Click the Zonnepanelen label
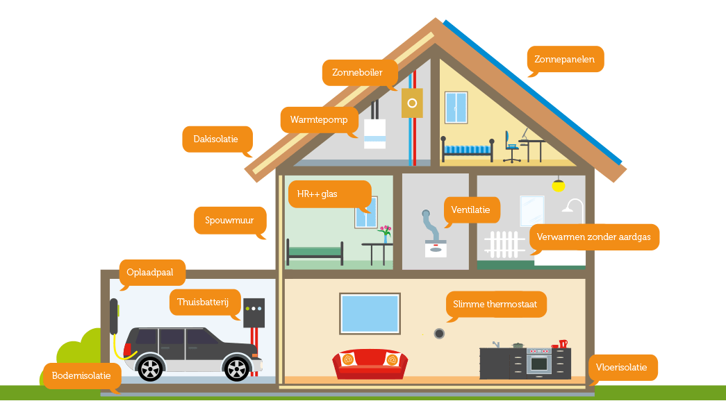coord(566,59)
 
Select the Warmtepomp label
coord(320,120)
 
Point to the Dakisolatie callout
coord(217,139)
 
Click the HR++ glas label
coord(329,194)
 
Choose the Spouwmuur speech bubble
coord(230,221)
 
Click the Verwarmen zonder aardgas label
coord(594,237)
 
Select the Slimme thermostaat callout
coord(496,305)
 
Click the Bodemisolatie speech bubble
coord(82,375)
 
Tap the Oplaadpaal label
coord(152,273)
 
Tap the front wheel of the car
coord(237,368)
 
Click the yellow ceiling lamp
coord(559,185)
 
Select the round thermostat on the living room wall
coord(439,334)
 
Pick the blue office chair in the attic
coord(511,146)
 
